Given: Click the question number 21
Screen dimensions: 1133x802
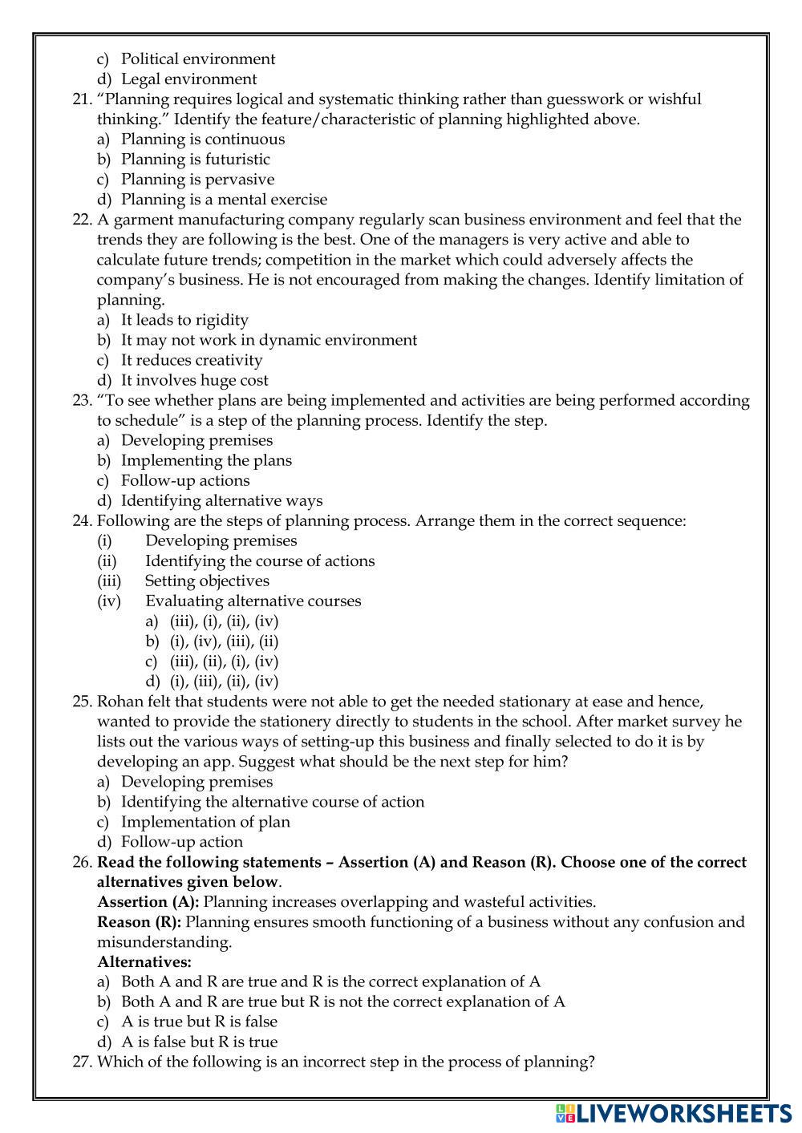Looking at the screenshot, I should click(x=82, y=99).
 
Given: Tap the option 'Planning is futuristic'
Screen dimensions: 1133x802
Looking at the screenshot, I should click(x=195, y=160).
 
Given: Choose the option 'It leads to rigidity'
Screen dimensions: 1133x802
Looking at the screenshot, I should click(x=184, y=320).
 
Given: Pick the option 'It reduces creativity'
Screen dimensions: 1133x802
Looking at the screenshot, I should click(x=192, y=360).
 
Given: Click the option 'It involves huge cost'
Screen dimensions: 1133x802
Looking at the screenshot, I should click(x=194, y=380).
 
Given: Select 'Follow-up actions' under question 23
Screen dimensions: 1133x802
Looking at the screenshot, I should click(x=185, y=480).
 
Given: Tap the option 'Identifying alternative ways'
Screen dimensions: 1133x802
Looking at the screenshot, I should click(x=221, y=500).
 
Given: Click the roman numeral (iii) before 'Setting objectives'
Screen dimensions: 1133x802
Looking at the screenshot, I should click(x=109, y=581).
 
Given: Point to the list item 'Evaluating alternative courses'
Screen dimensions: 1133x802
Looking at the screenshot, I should click(x=253, y=601).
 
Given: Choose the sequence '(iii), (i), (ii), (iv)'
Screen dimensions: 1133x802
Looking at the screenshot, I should click(x=224, y=621).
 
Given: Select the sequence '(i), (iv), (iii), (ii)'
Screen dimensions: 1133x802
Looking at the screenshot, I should click(x=224, y=641).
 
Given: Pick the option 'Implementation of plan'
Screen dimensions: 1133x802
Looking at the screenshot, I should click(x=205, y=821).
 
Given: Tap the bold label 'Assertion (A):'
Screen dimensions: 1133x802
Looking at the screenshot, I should click(x=148, y=901).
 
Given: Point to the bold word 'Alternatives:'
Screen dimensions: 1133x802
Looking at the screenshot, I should click(x=144, y=961).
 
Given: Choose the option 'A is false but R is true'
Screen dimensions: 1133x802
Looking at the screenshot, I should click(x=199, y=1042).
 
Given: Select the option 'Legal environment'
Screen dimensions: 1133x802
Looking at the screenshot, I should click(x=188, y=79).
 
